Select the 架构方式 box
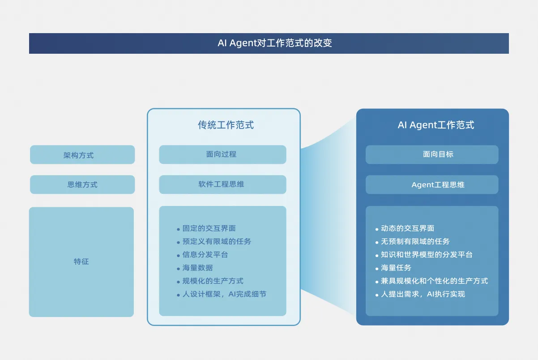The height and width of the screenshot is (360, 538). [82, 155]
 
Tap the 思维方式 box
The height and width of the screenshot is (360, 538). [82, 184]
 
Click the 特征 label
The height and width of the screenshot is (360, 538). [81, 261]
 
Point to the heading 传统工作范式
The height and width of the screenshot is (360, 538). [226, 125]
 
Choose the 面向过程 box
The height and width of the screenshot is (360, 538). [222, 154]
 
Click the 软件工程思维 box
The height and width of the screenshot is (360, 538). [222, 184]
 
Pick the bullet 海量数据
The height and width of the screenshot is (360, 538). [197, 268]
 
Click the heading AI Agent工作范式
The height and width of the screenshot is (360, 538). [436, 125]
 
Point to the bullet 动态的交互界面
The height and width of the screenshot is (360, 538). [407, 228]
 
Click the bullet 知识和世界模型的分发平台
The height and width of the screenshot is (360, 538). [427, 255]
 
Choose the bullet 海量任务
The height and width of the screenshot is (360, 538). [396, 268]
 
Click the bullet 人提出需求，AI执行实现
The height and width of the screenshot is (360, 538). [423, 294]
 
